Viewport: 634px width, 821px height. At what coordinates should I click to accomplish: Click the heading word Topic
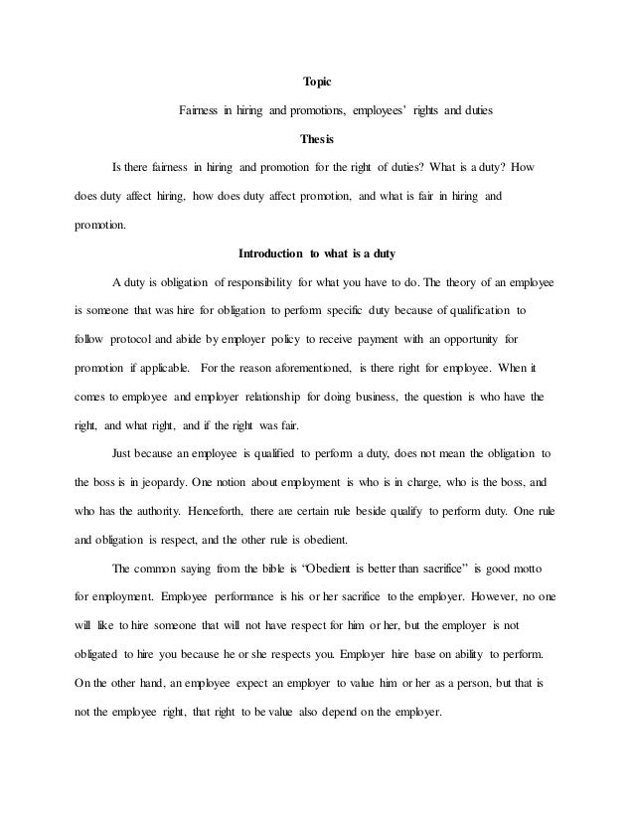tap(316, 82)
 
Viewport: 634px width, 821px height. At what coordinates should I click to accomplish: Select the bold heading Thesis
tap(316, 139)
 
